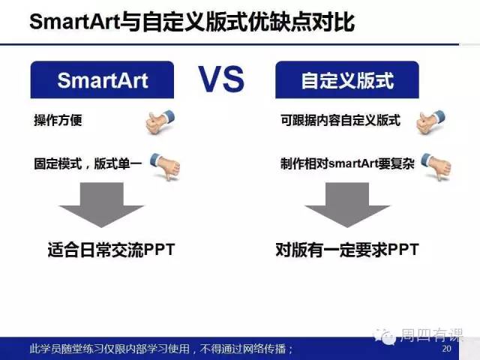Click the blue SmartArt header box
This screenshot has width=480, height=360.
[x=102, y=80]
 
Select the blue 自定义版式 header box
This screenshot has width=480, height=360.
[x=347, y=80]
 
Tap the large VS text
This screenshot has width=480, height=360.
[x=221, y=79]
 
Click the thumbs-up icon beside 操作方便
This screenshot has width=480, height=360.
[x=160, y=121]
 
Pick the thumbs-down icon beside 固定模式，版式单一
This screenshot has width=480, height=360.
[x=165, y=166]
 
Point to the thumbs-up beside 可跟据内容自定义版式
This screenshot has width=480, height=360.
[x=430, y=121]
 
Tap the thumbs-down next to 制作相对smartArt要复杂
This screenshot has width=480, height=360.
[x=436, y=166]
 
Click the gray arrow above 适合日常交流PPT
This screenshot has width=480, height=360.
[x=102, y=205]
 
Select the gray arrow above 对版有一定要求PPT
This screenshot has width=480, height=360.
[x=347, y=205]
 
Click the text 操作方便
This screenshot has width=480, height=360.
[x=58, y=120]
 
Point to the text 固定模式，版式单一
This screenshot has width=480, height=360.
[x=88, y=163]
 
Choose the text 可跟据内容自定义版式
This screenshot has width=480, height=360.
[x=340, y=120]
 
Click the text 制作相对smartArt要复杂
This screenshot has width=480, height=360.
[x=347, y=163]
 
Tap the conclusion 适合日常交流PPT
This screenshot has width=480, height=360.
[x=111, y=250]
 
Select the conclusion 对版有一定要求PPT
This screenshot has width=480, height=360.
[x=347, y=250]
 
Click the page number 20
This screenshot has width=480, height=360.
[x=447, y=348]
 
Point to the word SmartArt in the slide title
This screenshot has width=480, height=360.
[x=74, y=22]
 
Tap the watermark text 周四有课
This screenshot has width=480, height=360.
[x=431, y=335]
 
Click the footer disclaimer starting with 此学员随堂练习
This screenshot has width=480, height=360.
[x=161, y=349]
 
